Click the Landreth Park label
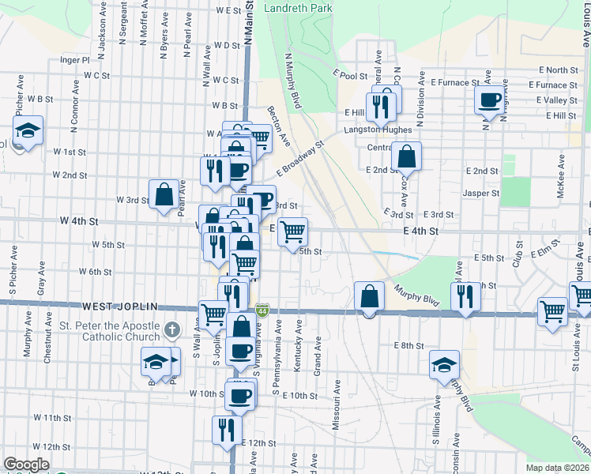click(299, 8)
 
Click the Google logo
click(26, 465)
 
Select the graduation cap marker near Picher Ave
click(28, 130)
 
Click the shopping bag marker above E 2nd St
click(406, 156)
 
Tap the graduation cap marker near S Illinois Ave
click(445, 364)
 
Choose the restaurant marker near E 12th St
click(227, 430)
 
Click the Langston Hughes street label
click(377, 130)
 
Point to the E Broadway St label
click(301, 159)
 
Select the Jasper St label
click(481, 193)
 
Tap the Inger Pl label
click(75, 59)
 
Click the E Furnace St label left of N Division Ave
click(455, 81)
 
